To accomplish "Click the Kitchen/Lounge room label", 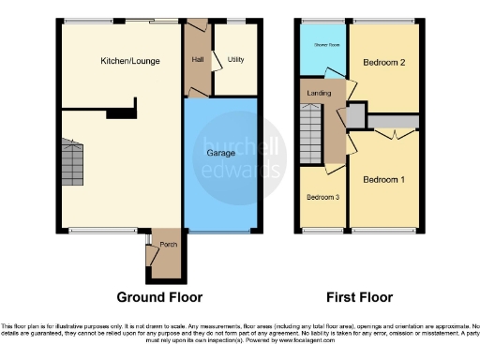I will pyautogui.click(x=130, y=62).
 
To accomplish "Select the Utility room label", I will pyautogui.click(x=235, y=60).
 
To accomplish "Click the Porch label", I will pyautogui.click(x=169, y=245).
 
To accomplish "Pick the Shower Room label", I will pyautogui.click(x=325, y=44).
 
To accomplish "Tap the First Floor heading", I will pyautogui.click(x=358, y=297).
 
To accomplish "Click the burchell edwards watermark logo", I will pyautogui.click(x=242, y=150).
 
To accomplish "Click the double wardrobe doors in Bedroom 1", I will pyautogui.click(x=399, y=134).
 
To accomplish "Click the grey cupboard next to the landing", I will pyautogui.click(x=356, y=115).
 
